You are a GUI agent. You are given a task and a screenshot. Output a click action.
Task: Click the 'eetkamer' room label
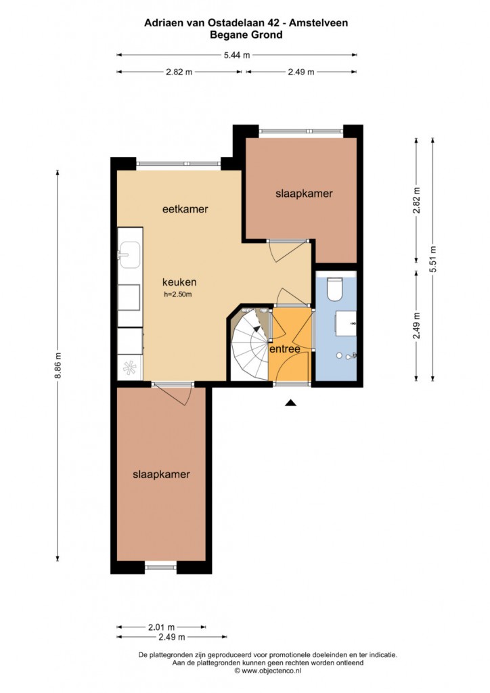185,209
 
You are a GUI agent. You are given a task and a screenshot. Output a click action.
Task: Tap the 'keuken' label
179,282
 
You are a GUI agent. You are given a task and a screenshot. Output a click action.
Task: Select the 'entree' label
285,349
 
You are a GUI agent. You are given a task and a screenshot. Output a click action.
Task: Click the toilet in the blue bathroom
335,288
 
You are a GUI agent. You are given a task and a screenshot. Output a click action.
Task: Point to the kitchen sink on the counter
129,254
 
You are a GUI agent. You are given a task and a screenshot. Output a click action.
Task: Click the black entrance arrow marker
290,402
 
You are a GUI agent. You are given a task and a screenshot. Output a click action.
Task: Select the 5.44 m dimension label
237,55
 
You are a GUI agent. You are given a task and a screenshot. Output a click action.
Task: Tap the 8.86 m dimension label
58,365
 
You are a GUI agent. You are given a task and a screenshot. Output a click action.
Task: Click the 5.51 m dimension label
432,259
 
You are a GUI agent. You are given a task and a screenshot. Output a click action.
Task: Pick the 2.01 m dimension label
161,627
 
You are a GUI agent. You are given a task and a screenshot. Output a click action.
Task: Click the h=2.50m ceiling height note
177,294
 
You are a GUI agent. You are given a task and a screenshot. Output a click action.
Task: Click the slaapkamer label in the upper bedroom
304,194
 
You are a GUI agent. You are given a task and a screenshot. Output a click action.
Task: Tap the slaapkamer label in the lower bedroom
161,474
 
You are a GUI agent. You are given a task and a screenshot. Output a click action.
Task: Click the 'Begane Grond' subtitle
246,35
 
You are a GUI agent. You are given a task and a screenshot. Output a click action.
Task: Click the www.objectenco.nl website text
271,671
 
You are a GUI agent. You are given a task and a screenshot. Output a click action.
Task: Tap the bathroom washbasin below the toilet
346,323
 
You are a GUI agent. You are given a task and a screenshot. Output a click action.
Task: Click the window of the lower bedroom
161,567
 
